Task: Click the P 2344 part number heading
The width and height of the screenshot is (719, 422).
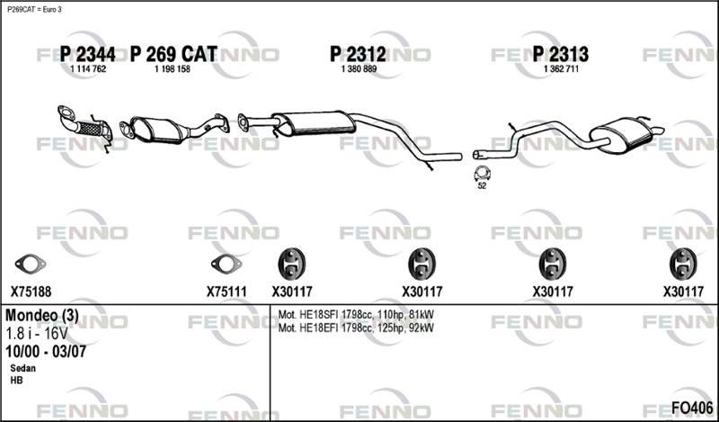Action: point(87,55)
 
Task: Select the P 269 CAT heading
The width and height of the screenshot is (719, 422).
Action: point(173,55)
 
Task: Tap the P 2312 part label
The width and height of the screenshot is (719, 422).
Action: point(358,55)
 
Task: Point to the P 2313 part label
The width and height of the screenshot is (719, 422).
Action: point(560,55)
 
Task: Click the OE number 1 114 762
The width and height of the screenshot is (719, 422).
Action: point(88,69)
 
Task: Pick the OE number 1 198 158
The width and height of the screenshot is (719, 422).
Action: point(173,69)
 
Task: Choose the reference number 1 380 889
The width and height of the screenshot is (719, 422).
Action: point(359,69)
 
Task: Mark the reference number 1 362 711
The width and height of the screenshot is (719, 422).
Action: point(561,69)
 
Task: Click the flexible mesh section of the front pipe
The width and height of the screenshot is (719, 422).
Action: point(91,129)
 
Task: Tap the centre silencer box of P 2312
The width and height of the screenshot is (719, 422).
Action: point(315,123)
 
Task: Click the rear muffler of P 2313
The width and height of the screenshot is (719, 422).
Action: point(622,135)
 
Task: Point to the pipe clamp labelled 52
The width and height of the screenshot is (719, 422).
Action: point(482,173)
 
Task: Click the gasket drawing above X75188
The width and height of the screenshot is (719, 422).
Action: point(31,264)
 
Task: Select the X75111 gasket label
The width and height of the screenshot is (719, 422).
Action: point(226,292)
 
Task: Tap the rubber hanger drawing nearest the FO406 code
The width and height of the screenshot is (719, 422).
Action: point(683,264)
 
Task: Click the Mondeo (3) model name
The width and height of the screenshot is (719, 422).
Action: point(41,316)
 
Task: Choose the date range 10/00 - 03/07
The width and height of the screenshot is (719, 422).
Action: point(46,352)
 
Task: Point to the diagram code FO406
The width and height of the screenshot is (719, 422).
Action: point(692,408)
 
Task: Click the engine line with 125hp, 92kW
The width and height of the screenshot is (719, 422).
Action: point(356,328)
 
